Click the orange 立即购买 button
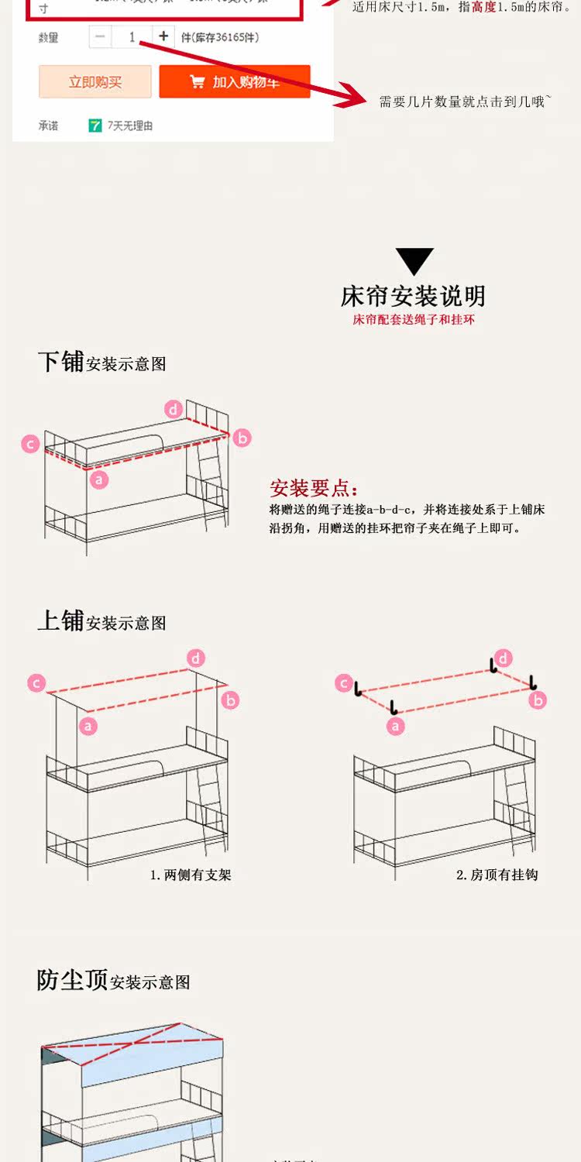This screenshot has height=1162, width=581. click(95, 82)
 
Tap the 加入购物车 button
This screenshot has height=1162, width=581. click(235, 82)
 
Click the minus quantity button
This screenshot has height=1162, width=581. click(100, 36)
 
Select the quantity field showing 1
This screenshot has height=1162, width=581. click(132, 36)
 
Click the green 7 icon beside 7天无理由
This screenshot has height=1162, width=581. click(95, 125)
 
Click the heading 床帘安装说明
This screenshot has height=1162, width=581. click(414, 296)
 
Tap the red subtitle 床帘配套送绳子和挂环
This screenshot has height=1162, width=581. click(414, 319)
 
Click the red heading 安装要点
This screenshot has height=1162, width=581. click(314, 488)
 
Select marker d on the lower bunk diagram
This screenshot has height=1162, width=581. click(174, 409)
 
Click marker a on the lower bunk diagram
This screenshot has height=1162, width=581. click(98, 480)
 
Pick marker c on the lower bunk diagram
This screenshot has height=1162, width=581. click(30, 444)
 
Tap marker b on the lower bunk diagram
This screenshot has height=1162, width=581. click(242, 438)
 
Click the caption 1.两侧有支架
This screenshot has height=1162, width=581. click(191, 875)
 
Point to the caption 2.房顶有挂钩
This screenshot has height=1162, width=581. click(497, 875)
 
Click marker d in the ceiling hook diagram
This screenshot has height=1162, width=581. click(504, 658)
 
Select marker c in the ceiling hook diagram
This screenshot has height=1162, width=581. click(344, 683)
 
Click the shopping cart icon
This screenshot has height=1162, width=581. click(197, 82)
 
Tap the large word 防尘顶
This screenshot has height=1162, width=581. click(72, 980)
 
